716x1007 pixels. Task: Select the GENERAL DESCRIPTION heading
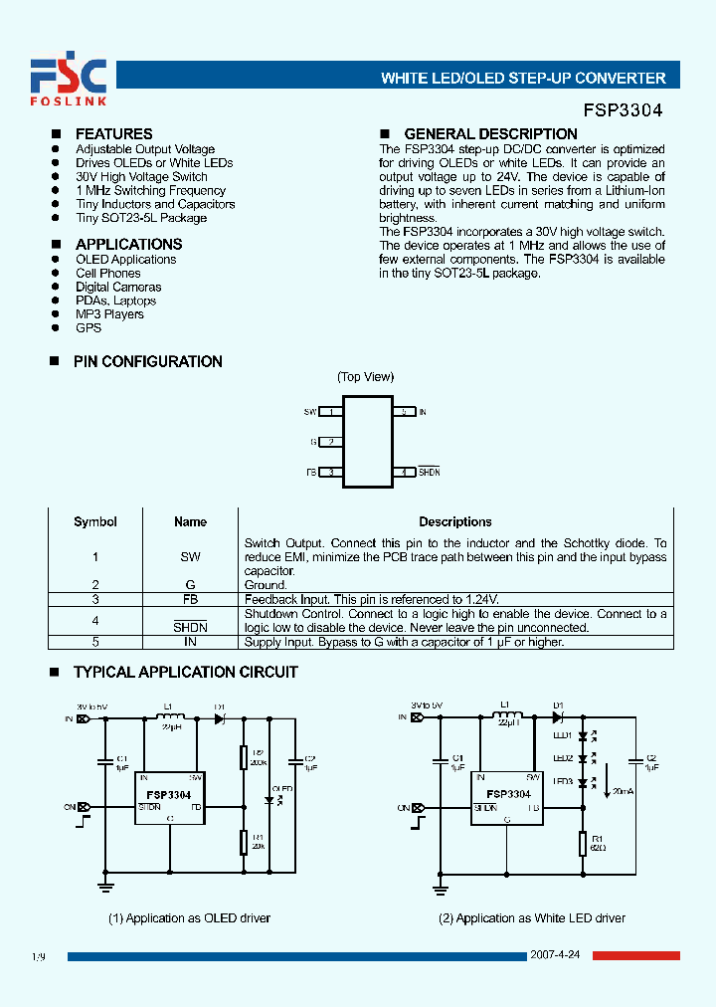tap(490, 134)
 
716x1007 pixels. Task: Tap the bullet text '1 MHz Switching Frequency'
tap(150, 190)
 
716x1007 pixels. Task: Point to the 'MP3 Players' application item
tap(109, 314)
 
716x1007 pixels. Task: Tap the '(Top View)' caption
tap(365, 376)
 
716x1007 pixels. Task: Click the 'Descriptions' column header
tap(454, 521)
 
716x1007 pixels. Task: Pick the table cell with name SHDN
tap(190, 627)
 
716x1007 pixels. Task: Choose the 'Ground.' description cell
tap(266, 585)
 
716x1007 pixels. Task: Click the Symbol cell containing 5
tap(95, 642)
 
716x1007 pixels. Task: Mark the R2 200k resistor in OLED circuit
tap(245, 758)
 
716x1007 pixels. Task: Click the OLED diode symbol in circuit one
tap(269, 799)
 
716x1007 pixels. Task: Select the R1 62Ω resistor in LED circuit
tap(583, 845)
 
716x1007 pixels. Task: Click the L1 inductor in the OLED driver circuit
tap(171, 717)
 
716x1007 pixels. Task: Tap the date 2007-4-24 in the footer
tap(559, 956)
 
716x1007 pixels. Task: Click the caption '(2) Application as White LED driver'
tap(532, 917)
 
